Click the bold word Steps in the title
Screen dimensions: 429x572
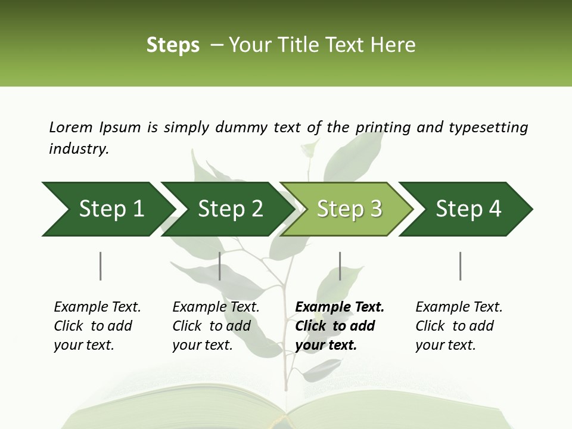click(173, 45)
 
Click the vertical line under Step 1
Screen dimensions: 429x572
click(100, 266)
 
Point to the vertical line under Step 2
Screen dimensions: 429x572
click(220, 266)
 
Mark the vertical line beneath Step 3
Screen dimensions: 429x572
click(340, 266)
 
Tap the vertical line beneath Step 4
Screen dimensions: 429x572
click(460, 266)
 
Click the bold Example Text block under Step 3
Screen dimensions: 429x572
click(340, 326)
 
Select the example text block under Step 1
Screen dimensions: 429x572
click(97, 326)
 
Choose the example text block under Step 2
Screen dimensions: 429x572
click(216, 326)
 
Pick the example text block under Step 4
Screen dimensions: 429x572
click(459, 326)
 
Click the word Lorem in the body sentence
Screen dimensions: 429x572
click(71, 127)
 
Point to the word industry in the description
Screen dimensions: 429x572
click(79, 149)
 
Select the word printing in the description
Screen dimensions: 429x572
click(384, 128)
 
